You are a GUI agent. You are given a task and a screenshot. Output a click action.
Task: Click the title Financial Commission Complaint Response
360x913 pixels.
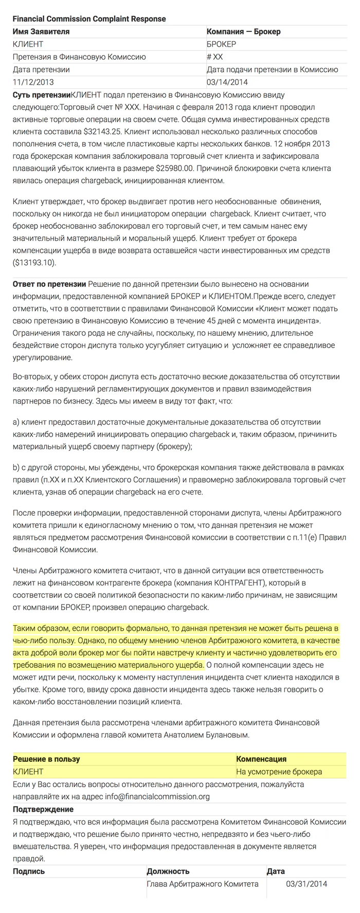click(89, 19)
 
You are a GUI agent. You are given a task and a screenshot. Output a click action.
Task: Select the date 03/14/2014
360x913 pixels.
click(227, 82)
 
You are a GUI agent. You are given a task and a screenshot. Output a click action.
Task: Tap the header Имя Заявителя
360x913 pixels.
click(41, 32)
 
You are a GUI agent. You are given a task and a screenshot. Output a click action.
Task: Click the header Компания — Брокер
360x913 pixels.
click(244, 32)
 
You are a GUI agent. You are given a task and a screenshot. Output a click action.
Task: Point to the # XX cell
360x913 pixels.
click(215, 57)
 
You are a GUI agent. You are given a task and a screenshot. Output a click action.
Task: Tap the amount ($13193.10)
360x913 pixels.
click(34, 262)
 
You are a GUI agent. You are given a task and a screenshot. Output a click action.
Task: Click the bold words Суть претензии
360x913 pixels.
click(41, 95)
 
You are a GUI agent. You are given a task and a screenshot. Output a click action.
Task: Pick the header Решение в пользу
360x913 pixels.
click(46, 759)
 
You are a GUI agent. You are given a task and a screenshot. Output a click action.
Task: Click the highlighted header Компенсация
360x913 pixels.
click(261, 759)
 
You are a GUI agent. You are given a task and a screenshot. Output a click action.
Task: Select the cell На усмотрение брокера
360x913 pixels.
click(279, 772)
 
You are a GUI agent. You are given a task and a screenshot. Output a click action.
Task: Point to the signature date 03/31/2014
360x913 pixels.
click(306, 884)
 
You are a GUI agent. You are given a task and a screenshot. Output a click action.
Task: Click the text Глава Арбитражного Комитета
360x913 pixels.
click(203, 884)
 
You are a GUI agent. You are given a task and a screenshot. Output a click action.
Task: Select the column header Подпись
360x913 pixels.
click(29, 871)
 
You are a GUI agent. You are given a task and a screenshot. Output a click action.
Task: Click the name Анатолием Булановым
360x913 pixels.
click(210, 735)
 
